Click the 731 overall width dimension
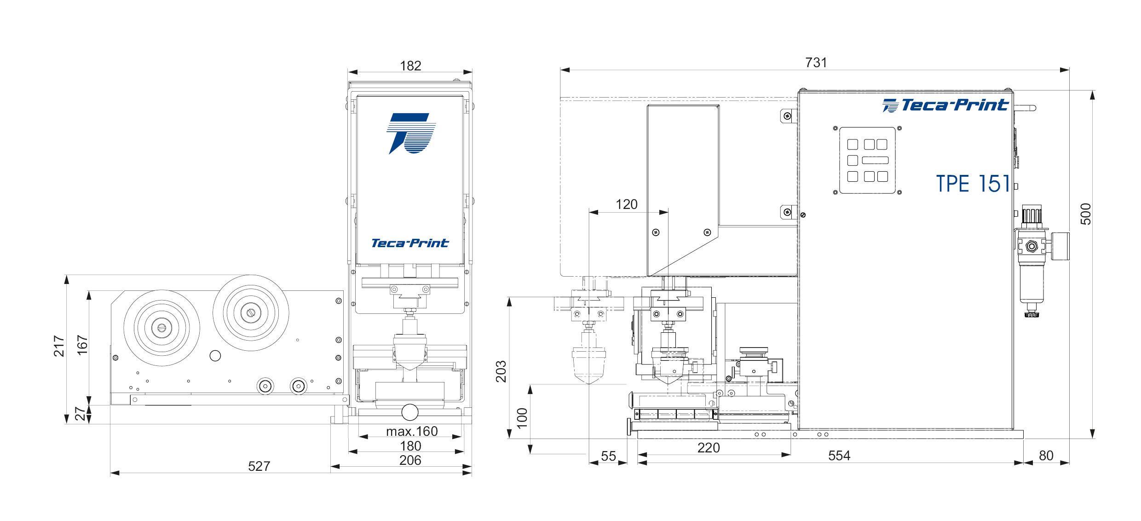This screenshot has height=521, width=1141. tap(816, 63)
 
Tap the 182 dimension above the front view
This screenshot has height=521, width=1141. tap(410, 66)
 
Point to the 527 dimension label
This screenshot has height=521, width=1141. tap(259, 466)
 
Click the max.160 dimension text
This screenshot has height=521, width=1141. tap(412, 431)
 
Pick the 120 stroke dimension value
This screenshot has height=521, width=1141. tap(627, 204)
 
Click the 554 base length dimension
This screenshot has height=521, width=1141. tap(839, 456)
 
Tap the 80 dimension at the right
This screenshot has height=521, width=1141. tap(1046, 456)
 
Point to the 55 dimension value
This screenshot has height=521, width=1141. tap(608, 456)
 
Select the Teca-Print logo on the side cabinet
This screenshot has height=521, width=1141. tap(945, 105)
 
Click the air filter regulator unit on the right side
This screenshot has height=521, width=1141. tap(1032, 262)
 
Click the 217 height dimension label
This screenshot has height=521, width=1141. tap(59, 346)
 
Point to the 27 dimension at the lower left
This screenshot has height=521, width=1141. tap(80, 414)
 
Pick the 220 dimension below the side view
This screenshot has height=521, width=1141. tap(708, 448)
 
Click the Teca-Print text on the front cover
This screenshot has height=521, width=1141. tap(410, 243)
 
